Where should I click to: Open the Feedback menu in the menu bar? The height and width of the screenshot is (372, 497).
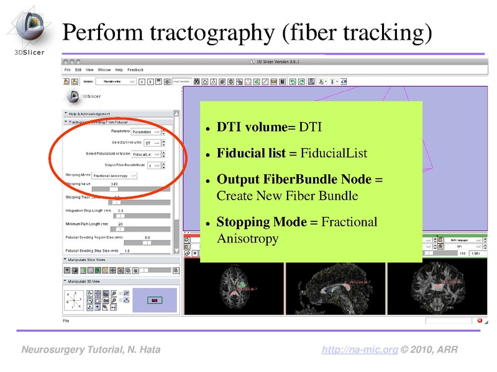pyautogui.click(x=135, y=70)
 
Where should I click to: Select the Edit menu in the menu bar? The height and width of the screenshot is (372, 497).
pyautogui.click(x=78, y=70)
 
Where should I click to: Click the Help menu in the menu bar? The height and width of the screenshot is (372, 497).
pyautogui.click(x=119, y=70)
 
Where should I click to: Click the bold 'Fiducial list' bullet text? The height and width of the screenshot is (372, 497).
pyautogui.click(x=251, y=153)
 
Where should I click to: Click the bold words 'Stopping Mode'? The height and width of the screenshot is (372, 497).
pyautogui.click(x=261, y=222)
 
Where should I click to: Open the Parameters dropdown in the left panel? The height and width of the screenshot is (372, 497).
pyautogui.click(x=146, y=131)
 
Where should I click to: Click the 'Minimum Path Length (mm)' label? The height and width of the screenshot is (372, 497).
pyautogui.click(x=86, y=224)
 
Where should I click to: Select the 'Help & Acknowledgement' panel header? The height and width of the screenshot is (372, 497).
pyautogui.click(x=89, y=113)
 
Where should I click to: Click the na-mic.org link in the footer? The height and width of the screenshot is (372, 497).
pyautogui.click(x=360, y=350)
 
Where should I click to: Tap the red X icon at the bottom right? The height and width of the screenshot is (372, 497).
pyautogui.click(x=479, y=321)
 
